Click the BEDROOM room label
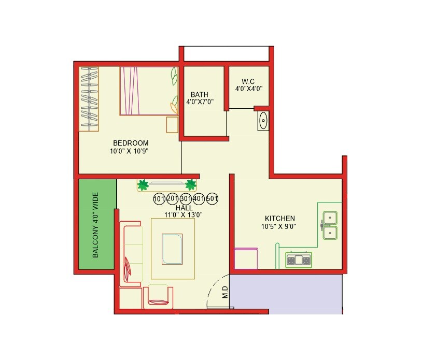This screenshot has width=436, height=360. click(x=131, y=143)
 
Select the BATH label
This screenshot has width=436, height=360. click(x=200, y=94)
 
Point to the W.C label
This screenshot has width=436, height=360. click(x=249, y=81)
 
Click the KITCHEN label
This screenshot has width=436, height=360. click(x=280, y=219)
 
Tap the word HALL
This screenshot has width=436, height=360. click(x=184, y=207)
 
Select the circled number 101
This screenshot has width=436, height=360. click(x=159, y=198)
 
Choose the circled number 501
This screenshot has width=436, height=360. click(x=212, y=198)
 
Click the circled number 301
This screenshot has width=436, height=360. click(x=186, y=198)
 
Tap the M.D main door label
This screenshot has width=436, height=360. click(x=225, y=293)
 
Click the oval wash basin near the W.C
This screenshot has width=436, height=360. click(x=263, y=121)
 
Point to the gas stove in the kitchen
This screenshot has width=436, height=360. click(x=299, y=260)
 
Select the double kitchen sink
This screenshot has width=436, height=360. click(x=330, y=225)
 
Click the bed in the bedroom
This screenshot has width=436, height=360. click(x=149, y=91)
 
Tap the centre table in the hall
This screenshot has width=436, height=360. click(x=172, y=249)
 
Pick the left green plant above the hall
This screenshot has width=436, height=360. click(x=143, y=184)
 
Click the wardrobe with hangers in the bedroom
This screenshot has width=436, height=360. click(x=89, y=98)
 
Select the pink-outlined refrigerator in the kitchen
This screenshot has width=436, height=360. click(x=246, y=258)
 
